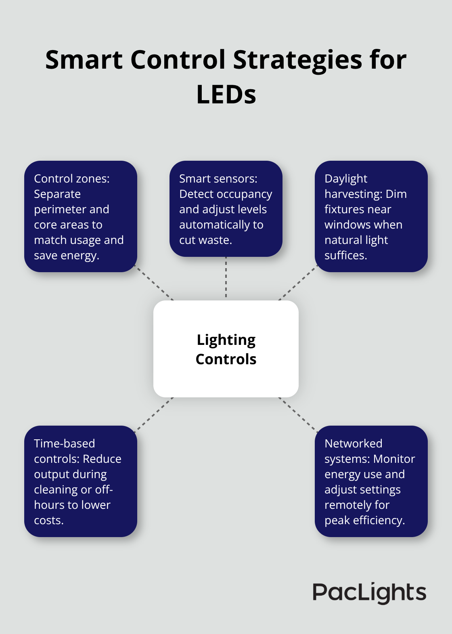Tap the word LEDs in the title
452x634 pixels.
(x=226, y=95)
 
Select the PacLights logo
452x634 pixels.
(x=369, y=593)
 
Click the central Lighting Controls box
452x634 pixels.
(x=226, y=349)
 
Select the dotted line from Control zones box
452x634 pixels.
(x=155, y=285)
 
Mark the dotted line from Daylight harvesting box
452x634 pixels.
(x=298, y=285)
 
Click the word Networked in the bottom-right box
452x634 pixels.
(x=353, y=444)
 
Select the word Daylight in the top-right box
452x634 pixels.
(x=346, y=179)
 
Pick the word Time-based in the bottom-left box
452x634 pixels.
(x=64, y=444)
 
